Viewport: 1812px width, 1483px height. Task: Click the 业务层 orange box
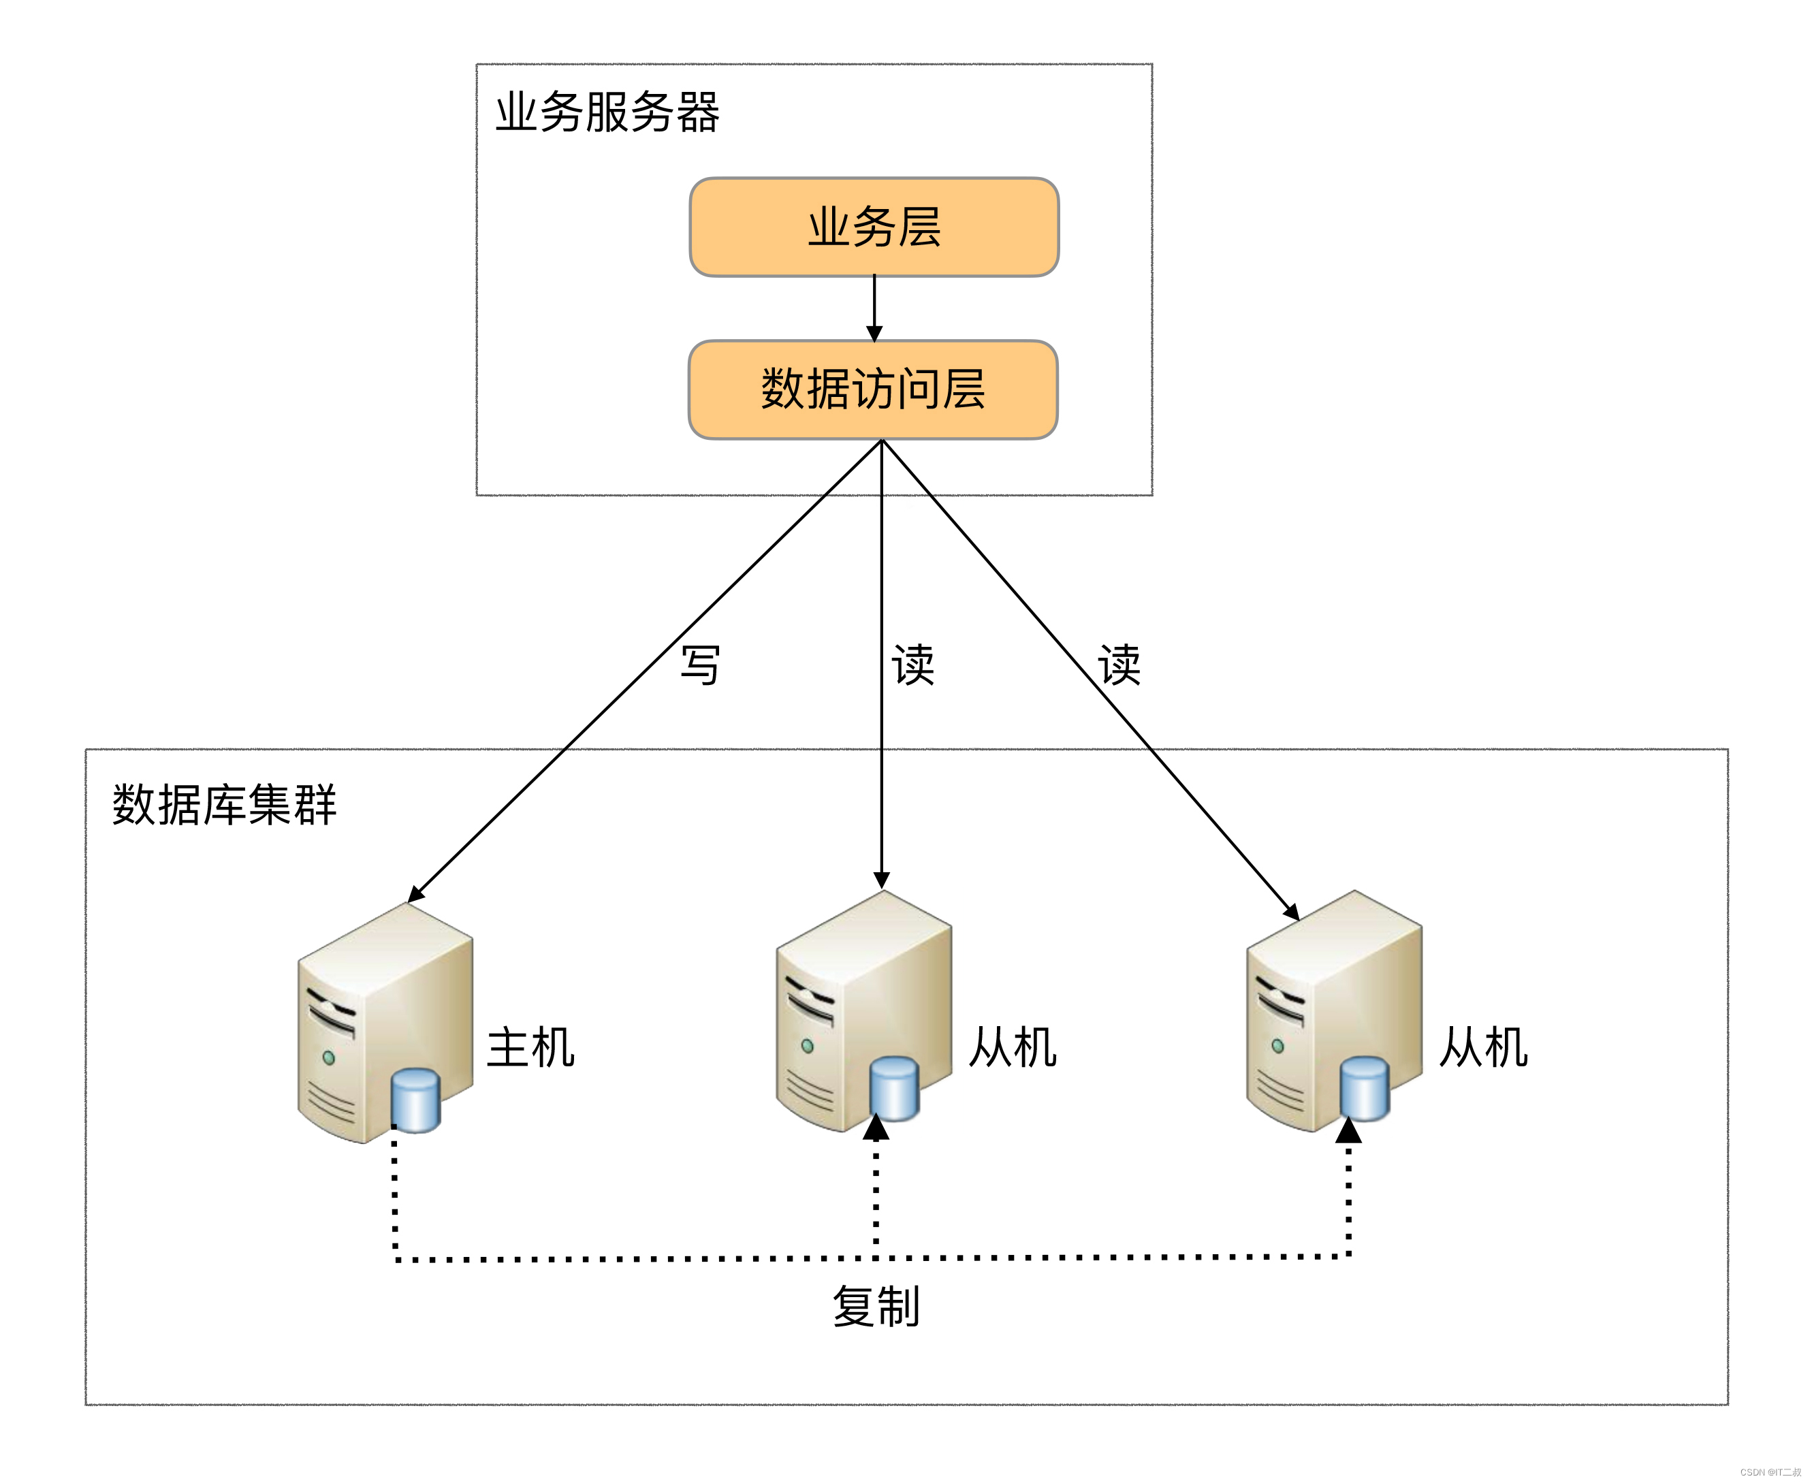873,227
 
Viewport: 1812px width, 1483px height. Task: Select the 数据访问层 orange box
872,389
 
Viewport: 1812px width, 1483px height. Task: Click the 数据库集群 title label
224,805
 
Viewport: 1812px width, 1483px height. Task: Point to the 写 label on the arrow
700,665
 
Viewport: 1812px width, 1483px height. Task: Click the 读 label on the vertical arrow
912,665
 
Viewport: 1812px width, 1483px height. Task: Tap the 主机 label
530,1047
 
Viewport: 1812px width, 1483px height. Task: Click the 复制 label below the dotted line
876,1307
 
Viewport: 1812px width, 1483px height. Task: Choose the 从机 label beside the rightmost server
1482,1047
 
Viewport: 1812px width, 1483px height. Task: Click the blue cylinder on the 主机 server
415,1100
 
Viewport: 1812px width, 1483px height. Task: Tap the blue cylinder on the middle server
895,1088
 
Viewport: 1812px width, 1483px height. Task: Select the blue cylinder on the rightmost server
1365,1088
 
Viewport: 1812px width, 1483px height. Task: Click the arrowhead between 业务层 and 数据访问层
874,332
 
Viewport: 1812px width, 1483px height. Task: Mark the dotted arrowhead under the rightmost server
1348,1131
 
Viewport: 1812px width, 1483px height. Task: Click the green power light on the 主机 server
329,1057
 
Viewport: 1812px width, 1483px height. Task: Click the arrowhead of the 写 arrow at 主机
415,893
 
